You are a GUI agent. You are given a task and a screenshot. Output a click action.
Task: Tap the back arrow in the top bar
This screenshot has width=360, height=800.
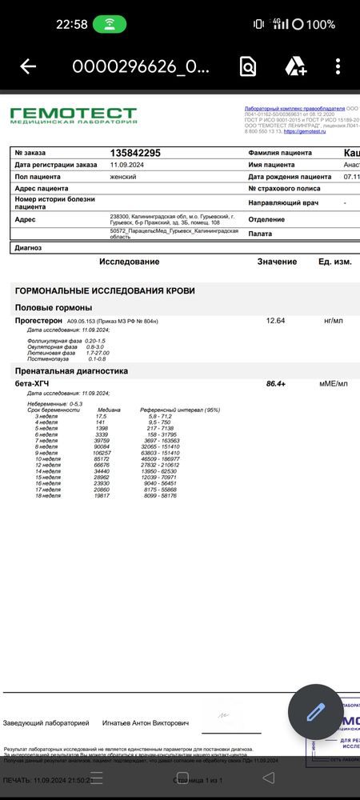pos(28,67)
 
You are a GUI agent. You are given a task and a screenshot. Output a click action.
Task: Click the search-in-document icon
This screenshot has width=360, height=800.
pos(247,67)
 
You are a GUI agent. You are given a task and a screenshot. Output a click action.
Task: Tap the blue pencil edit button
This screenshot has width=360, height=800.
pos(315,710)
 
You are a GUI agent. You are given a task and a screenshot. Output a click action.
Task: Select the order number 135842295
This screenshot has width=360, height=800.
pos(135,152)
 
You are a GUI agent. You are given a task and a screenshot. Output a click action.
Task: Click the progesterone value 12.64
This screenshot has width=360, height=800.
pos(275,321)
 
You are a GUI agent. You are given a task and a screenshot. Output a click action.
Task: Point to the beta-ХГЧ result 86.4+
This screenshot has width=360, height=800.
pos(276,384)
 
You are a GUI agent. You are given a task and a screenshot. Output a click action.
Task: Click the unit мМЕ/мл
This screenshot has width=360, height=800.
pos(334,384)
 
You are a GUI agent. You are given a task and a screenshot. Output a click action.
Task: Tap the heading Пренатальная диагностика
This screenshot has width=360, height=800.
pos(72,371)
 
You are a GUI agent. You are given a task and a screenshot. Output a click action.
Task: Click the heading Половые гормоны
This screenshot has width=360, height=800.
pos(54,308)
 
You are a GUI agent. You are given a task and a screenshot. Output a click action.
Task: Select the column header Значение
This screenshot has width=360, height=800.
pos(277,262)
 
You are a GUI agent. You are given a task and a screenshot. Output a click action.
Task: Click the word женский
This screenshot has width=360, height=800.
pos(122,176)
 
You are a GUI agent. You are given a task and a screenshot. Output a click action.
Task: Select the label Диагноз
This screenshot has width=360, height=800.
pos(29,248)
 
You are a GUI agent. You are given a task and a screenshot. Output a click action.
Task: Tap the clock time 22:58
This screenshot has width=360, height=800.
pos(72,24)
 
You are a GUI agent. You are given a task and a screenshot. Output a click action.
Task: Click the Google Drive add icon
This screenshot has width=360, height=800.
pos(295,67)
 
